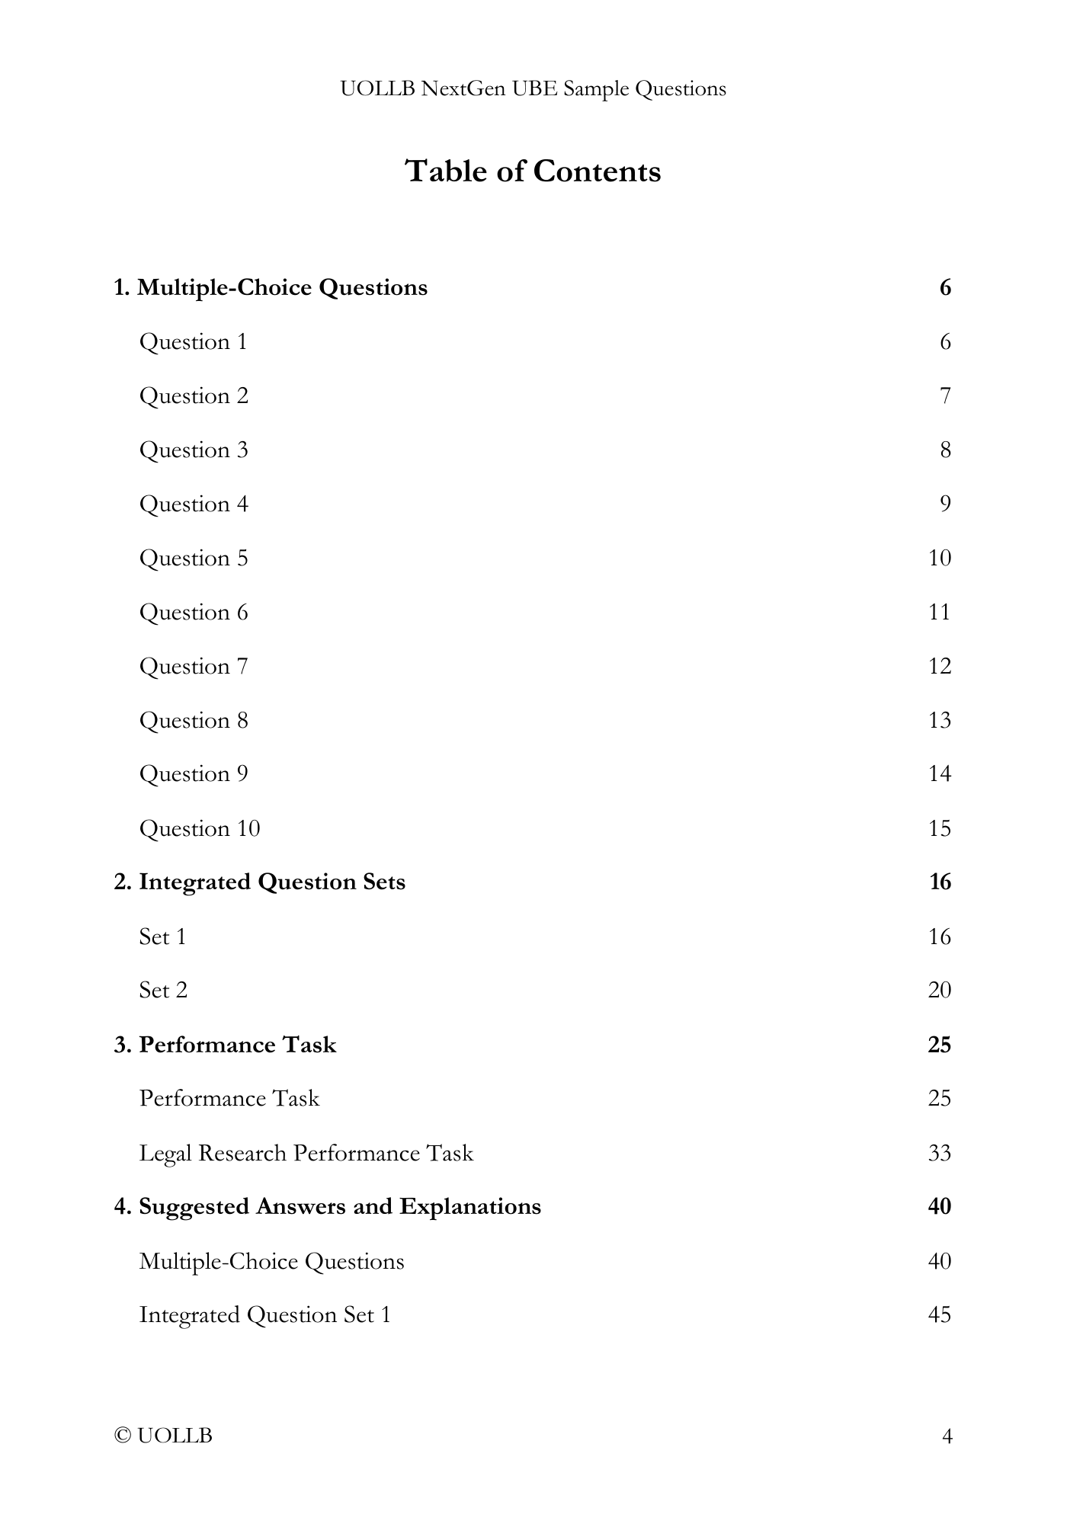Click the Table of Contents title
[533, 171]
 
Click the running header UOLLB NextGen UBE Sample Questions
[533, 89]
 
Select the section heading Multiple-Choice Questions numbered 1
[271, 288]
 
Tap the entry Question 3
[194, 450]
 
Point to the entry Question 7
[194, 667]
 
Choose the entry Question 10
[200, 828]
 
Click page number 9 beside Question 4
[945, 504]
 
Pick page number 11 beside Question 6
[940, 613]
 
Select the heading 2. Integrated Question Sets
[260, 882]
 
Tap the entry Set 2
[163, 991]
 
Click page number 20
[940, 991]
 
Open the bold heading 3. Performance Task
[225, 1045]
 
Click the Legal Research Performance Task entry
[306, 1154]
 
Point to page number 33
[940, 1154]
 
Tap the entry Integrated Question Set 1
[264, 1315]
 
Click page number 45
[940, 1315]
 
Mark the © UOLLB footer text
[163, 1436]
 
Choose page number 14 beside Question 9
[940, 774]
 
